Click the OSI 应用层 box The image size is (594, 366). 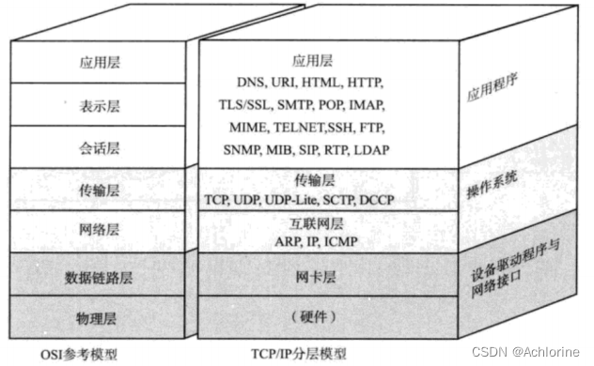[101, 64]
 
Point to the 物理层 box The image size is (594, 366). [101, 316]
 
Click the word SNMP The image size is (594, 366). [246, 149]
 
